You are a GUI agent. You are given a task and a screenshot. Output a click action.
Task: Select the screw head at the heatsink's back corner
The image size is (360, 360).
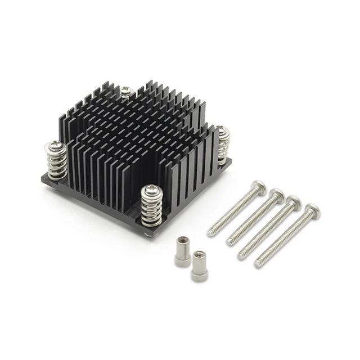coord(125,91)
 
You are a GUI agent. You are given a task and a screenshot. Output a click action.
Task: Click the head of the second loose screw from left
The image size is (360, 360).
coord(277,195)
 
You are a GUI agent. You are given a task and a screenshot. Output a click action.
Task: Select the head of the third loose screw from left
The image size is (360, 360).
coord(293,203)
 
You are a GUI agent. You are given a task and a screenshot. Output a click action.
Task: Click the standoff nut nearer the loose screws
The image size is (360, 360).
coord(197,265)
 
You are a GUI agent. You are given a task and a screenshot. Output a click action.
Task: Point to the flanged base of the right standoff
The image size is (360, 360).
coord(197,276)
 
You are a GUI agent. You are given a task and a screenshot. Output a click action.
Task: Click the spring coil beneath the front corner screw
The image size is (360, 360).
coord(150,211)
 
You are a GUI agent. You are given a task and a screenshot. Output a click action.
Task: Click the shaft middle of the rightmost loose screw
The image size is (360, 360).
coord(284,238)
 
